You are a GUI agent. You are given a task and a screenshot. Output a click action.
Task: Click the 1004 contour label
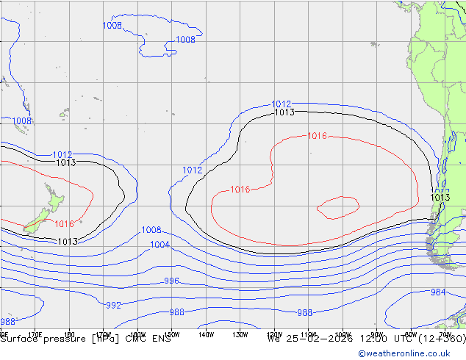coord(159,245)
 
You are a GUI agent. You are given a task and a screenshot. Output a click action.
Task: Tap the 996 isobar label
coord(171,281)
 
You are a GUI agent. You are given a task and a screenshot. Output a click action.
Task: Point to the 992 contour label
coord(113,305)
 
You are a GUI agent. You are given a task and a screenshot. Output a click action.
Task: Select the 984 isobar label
coord(437,292)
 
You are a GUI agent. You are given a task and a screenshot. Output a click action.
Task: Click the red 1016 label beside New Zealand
coord(64,224)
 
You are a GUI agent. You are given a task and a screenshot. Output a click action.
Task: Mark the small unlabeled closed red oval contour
coord(337,207)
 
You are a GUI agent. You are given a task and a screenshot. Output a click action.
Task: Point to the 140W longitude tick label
coord(206,334)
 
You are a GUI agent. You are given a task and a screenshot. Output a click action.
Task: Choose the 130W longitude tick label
coord(240,334)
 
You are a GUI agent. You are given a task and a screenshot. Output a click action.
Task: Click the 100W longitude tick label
coord(342,334)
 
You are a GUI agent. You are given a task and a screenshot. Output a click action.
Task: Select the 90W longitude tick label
coord(376,334)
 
